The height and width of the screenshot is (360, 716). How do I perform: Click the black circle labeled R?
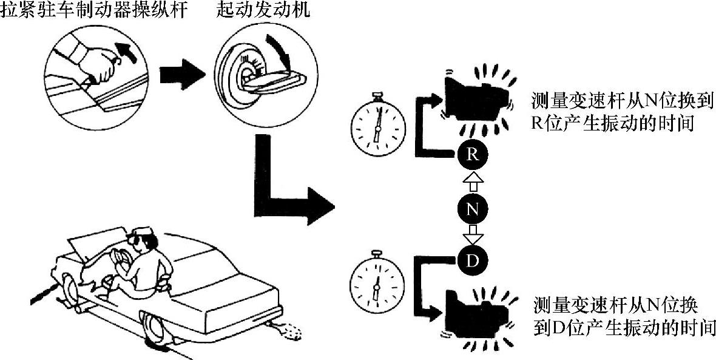[473, 154]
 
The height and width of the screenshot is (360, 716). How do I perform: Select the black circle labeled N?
[473, 209]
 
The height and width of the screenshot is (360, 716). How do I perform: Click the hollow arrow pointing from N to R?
[473, 181]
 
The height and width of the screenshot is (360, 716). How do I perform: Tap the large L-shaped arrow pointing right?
[285, 194]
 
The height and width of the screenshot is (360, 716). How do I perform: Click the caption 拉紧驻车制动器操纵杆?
[91, 10]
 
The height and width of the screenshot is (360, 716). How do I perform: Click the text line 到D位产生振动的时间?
[625, 328]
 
